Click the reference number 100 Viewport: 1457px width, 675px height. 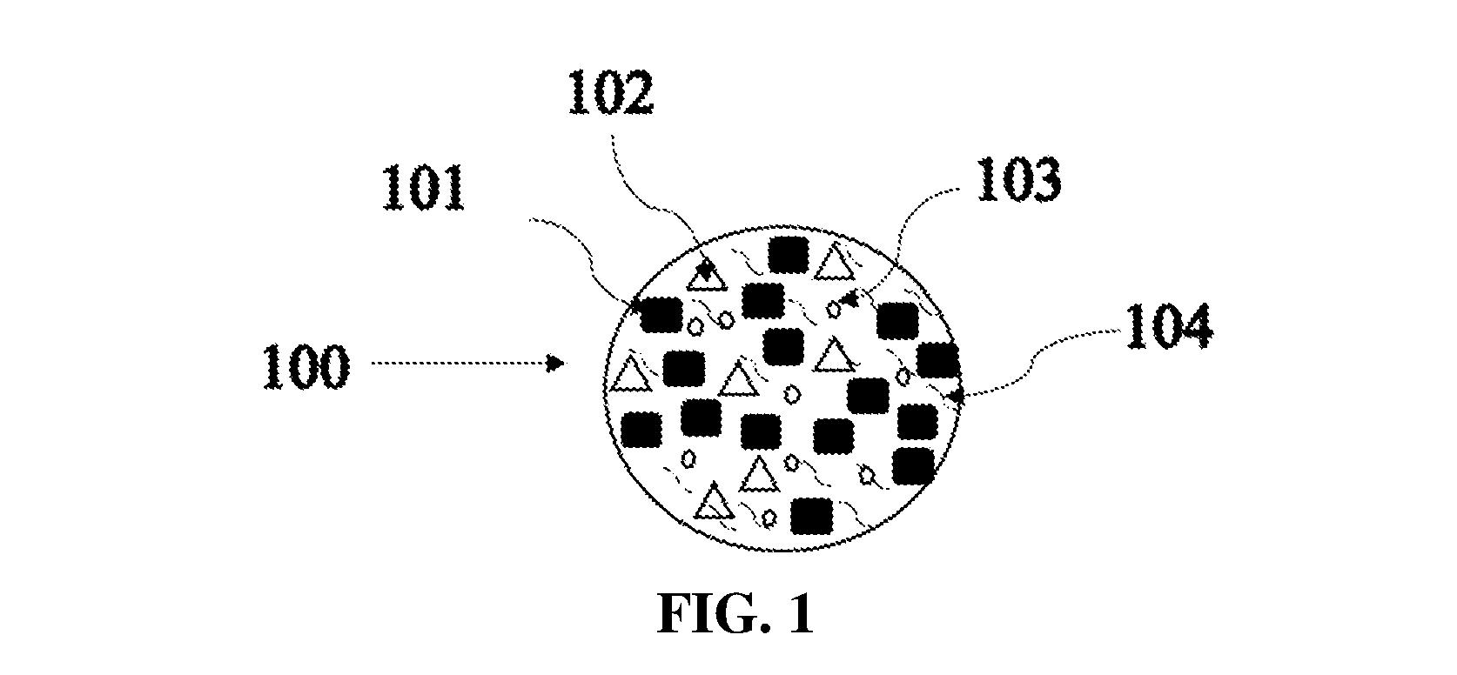(305, 367)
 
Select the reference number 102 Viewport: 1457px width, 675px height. (611, 93)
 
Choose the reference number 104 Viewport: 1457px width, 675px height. (1169, 326)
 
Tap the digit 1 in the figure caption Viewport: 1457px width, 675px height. (802, 613)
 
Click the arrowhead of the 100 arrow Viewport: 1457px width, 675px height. (556, 363)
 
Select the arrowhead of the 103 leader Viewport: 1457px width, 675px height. (849, 300)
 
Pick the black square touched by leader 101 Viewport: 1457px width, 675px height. (661, 313)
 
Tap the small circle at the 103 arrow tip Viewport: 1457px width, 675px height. (833, 309)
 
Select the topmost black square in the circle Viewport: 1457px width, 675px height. (789, 254)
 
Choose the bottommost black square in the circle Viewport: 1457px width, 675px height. (812, 516)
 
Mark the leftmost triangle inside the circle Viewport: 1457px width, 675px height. (628, 375)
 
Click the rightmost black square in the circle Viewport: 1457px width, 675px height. (938, 361)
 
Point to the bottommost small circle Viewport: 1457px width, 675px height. (769, 518)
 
